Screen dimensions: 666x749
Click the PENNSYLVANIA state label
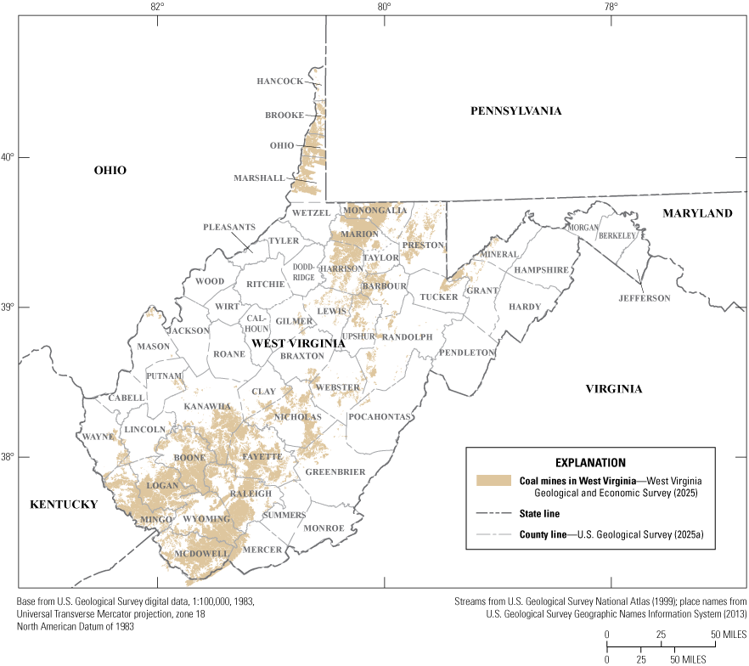click(517, 110)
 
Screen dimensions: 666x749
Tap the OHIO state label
click(110, 171)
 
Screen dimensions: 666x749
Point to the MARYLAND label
click(697, 213)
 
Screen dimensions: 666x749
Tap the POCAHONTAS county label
click(380, 417)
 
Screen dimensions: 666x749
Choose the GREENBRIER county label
click(335, 471)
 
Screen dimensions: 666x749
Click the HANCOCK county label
click(279, 82)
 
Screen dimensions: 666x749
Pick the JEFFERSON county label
click(645, 298)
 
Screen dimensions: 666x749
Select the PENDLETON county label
click(466, 352)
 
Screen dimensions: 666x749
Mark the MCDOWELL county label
click(201, 554)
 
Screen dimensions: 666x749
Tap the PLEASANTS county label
click(228, 228)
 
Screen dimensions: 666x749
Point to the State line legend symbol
click(494, 513)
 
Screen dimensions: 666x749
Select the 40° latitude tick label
click(8, 157)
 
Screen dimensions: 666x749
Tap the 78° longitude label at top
click(611, 9)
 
